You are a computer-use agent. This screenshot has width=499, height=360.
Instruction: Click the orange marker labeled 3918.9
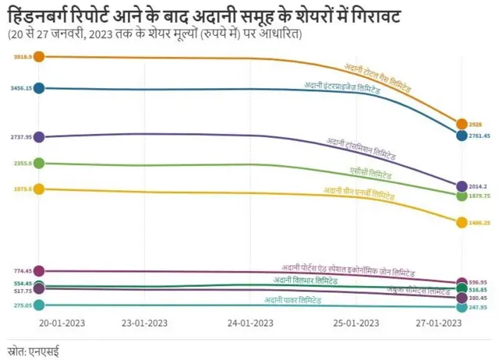coord(39,57)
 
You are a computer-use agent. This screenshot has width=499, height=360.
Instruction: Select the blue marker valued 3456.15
coord(39,88)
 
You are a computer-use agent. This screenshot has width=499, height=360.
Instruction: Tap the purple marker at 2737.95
coord(39,137)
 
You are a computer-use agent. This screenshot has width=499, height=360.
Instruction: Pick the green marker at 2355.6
coord(39,163)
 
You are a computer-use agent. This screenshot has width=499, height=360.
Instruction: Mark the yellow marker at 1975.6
coord(39,189)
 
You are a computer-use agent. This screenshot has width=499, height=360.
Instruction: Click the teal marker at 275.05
coord(39,305)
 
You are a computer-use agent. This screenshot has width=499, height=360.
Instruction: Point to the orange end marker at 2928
coord(462,124)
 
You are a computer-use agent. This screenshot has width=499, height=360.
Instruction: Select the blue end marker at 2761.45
coord(462,136)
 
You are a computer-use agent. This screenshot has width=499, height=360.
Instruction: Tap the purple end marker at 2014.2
coord(462,186)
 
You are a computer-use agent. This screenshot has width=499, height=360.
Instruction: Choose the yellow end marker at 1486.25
coord(462,222)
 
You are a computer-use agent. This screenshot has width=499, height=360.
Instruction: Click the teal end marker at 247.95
coord(462,307)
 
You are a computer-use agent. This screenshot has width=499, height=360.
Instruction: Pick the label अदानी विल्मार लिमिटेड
coord(306,280)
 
